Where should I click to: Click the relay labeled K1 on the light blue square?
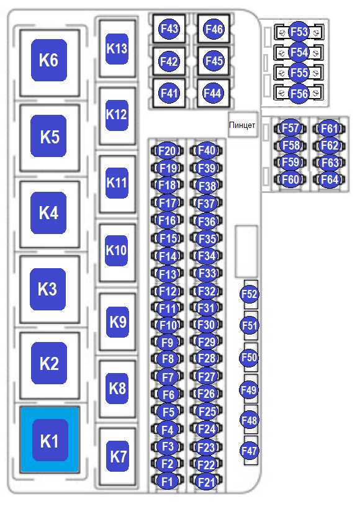[50, 440]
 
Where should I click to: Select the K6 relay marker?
[49, 60]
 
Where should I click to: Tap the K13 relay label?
[117, 49]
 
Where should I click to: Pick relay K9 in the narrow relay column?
[117, 322]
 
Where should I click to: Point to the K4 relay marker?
[48, 213]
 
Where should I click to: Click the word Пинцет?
[242, 125]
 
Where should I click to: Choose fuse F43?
[169, 29]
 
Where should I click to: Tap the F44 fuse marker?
[212, 94]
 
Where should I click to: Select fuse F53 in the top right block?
[299, 32]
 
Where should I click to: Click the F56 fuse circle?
[299, 94]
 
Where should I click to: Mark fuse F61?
[329, 128]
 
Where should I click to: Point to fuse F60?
[290, 179]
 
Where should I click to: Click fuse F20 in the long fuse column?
[167, 151]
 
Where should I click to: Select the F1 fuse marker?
[167, 481]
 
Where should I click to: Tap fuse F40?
[207, 150]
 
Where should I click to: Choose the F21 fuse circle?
[206, 482]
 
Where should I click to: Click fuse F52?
[250, 294]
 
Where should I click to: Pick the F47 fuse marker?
[250, 451]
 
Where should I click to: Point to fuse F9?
[167, 342]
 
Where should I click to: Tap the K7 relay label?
[117, 456]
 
